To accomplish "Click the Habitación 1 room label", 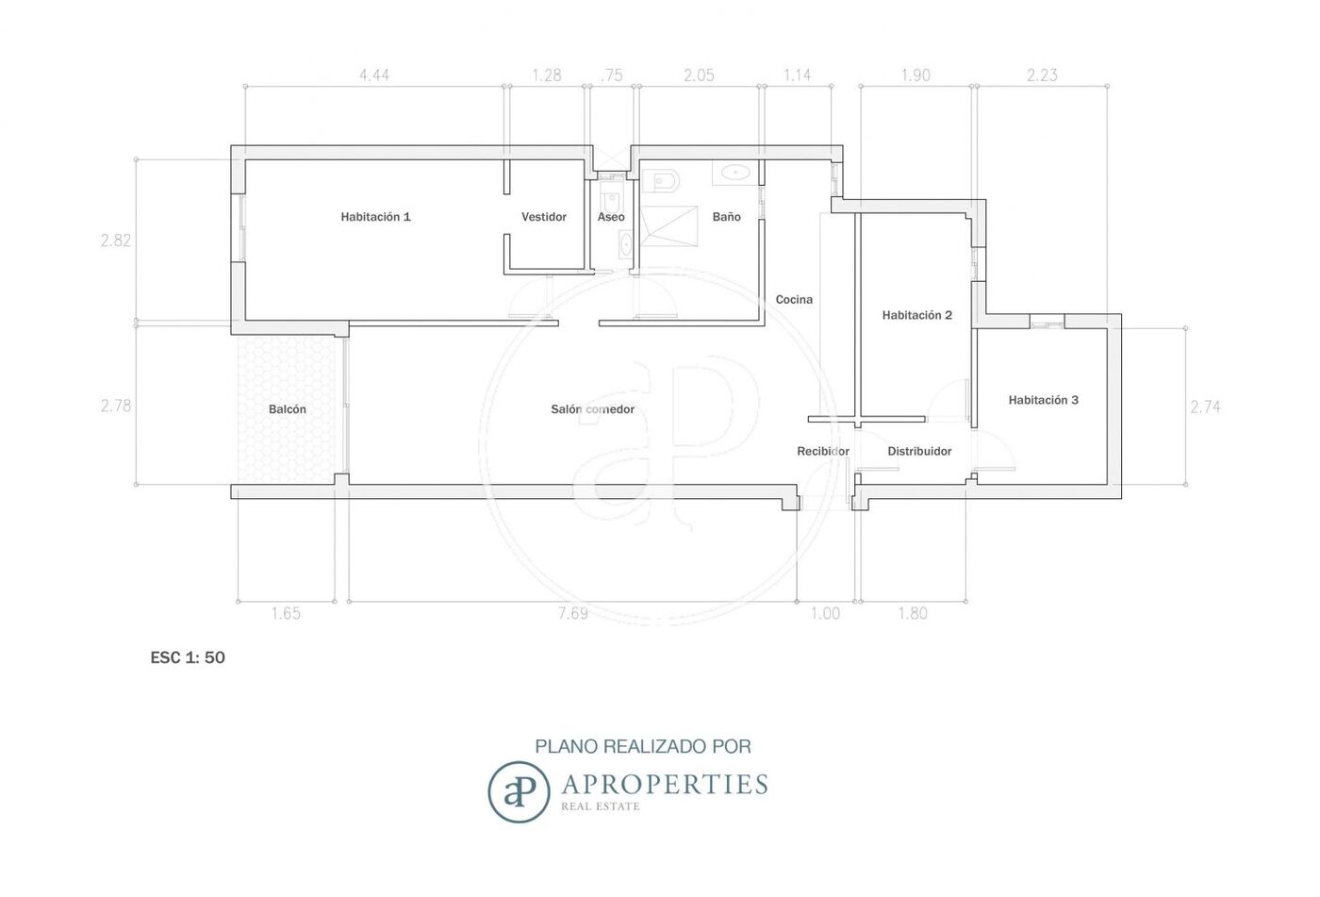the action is tap(375, 217).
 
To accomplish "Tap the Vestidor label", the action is tap(544, 217).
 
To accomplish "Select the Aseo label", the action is tap(611, 217).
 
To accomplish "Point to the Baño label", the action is tap(727, 217).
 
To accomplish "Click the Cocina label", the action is tap(794, 299).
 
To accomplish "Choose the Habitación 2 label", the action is tap(916, 315).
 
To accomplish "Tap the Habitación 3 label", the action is tap(1044, 400).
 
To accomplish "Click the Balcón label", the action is tap(288, 409).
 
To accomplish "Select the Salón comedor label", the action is tap(593, 409).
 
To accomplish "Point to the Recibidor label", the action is tap(823, 452).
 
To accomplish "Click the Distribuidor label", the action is tap(919, 452).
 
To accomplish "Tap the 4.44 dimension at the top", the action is tap(374, 75).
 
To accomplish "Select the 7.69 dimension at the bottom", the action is tap(573, 613).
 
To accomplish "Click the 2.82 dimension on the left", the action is tap(115, 241).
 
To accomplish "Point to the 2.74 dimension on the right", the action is tap(1205, 407).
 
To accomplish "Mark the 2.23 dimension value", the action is tap(1042, 75).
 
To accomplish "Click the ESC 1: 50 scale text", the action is tap(188, 657).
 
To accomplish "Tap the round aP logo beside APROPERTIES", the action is tap(519, 791).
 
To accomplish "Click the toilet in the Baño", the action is tap(661, 181).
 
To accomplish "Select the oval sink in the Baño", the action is tap(734, 172).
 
